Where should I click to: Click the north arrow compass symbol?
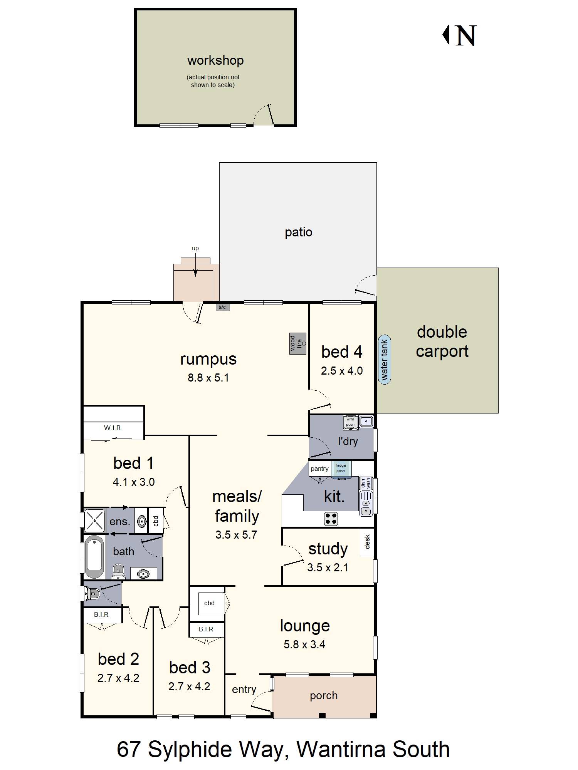459,35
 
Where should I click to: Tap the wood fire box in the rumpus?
298,343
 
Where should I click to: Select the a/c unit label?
222,307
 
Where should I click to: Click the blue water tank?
384,360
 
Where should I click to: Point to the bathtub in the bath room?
94,557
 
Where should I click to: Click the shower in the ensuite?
94,520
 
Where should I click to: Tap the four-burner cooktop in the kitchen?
331,519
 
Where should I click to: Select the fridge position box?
341,469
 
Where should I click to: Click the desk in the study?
367,542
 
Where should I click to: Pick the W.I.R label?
113,428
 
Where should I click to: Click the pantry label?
319,469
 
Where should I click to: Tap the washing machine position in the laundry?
350,422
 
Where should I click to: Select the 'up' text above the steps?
195,249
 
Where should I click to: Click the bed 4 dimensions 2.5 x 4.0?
342,371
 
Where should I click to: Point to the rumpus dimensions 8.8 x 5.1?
208,378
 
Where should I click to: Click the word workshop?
215,60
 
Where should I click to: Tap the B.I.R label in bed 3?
206,629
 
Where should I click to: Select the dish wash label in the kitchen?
365,484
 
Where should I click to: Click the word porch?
324,696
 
